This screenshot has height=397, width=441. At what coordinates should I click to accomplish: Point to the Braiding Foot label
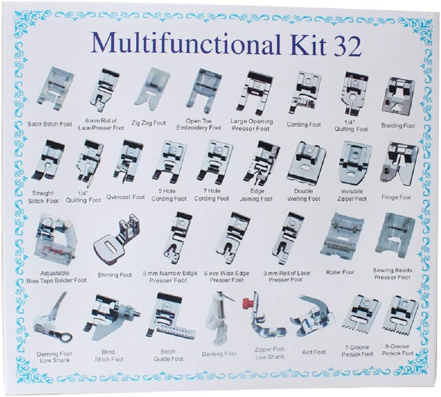coord(398,126)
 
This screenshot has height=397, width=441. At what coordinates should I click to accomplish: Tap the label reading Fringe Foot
coord(396,198)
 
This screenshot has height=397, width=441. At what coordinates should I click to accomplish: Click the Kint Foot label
coord(314,352)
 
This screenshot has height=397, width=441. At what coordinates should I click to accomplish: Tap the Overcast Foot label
coord(125,197)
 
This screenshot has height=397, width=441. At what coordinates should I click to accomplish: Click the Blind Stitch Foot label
coord(109,355)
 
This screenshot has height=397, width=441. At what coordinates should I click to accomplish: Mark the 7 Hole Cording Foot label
coord(212,195)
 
